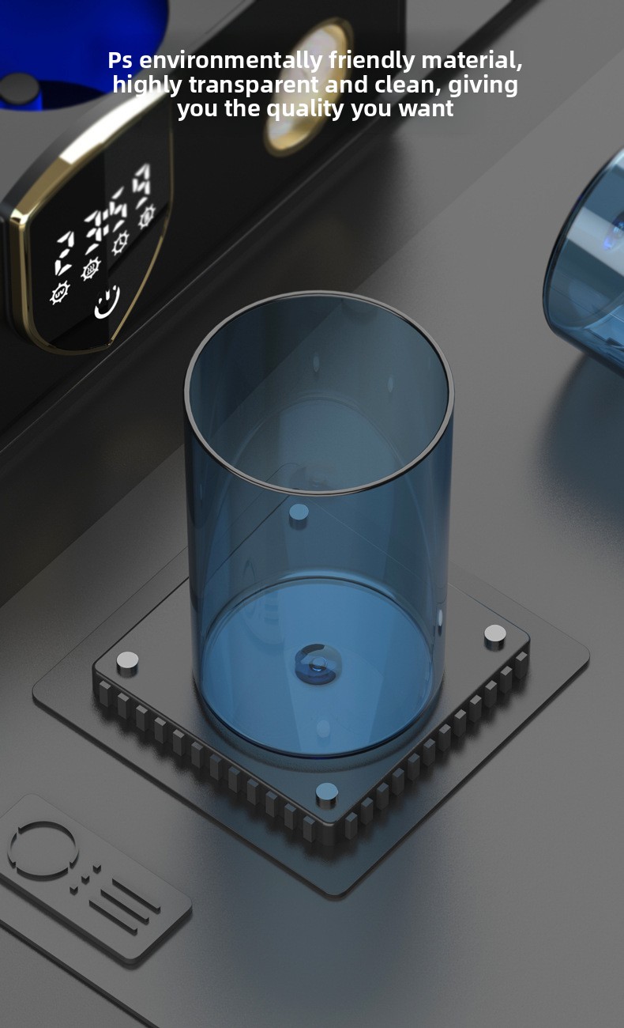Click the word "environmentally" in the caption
point(231,61)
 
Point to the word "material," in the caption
point(472,60)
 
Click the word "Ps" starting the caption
point(120,60)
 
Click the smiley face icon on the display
point(107,302)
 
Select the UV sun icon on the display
point(59,293)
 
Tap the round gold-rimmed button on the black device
point(309,87)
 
